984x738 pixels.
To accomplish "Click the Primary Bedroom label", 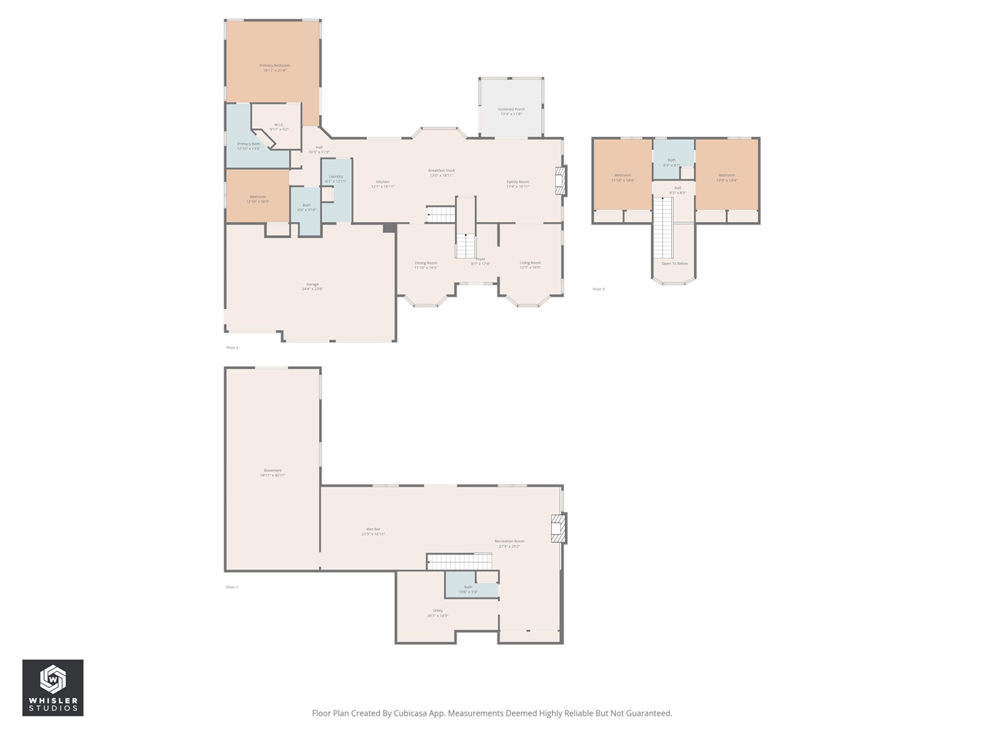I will coord(274,66).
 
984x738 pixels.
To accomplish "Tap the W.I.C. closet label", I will coord(279,125).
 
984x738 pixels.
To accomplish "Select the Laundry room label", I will coord(336,177).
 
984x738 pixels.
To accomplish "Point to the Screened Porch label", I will coord(511,109).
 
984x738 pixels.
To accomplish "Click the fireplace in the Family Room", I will coord(561,181).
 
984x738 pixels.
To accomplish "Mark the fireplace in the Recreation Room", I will coord(559,529).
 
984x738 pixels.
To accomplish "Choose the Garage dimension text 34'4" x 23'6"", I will coord(312,289).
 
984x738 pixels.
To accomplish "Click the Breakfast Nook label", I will coord(441,171).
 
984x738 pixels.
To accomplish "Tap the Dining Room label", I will coord(426,263).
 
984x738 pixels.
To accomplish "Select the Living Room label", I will coord(530,263).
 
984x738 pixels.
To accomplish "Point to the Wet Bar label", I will coord(373,529).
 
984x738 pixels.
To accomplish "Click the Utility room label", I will coord(437,611).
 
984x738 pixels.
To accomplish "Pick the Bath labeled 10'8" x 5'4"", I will coord(468,587).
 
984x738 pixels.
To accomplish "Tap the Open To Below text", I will coord(674,264).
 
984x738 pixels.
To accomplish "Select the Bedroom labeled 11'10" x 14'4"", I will coord(623,175).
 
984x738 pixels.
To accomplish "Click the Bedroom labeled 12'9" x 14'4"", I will coord(726,175).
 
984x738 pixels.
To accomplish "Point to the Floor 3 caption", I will coord(598,289).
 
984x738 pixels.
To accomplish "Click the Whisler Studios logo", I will coord(52,688).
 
